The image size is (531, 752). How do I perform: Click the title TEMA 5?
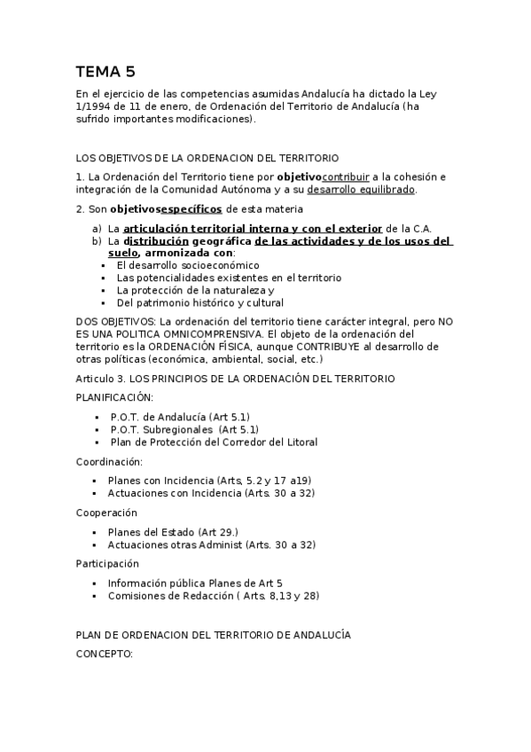[105, 72]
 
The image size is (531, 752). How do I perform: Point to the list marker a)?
[98, 228]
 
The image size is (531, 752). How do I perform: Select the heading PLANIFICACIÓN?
[114, 397]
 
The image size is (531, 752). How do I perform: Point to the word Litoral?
[301, 442]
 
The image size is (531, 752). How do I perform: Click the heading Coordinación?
[109, 461]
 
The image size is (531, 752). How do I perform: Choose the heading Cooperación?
[107, 513]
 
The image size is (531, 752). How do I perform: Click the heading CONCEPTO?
[104, 654]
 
